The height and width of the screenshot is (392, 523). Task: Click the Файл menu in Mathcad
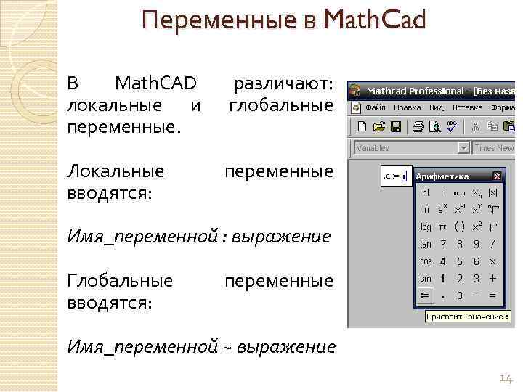pyautogui.click(x=375, y=107)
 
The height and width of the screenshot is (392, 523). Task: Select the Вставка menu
pyautogui.click(x=467, y=107)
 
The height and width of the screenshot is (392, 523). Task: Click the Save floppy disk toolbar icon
pyautogui.click(x=396, y=126)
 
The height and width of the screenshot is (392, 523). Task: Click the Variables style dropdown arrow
pyautogui.click(x=463, y=148)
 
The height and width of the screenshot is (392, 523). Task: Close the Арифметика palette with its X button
pyautogui.click(x=497, y=176)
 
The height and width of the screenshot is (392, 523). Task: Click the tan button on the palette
pyautogui.click(x=426, y=244)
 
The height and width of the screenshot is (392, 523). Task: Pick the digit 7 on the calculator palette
pyautogui.click(x=442, y=244)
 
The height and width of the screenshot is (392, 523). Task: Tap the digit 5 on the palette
pyautogui.click(x=459, y=261)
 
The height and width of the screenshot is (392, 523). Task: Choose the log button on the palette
pyautogui.click(x=426, y=227)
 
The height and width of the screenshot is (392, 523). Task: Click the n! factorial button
pyautogui.click(x=426, y=193)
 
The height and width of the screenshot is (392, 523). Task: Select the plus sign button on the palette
pyautogui.click(x=493, y=279)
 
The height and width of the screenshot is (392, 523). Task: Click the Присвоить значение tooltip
pyautogui.click(x=467, y=317)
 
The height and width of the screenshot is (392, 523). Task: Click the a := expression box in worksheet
pyautogui.click(x=395, y=176)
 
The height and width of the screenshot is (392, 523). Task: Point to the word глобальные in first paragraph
pyautogui.click(x=280, y=106)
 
